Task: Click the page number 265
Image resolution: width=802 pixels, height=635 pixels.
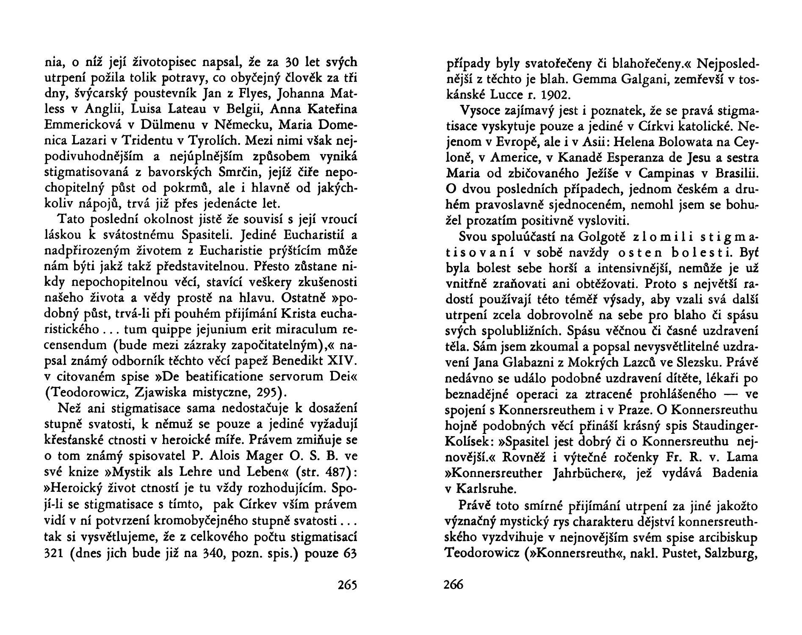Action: click(347, 585)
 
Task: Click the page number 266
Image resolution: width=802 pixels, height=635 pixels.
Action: click(454, 585)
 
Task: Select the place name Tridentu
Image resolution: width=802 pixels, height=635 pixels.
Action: click(146, 141)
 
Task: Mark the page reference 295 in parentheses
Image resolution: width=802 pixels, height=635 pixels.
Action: click(268, 392)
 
